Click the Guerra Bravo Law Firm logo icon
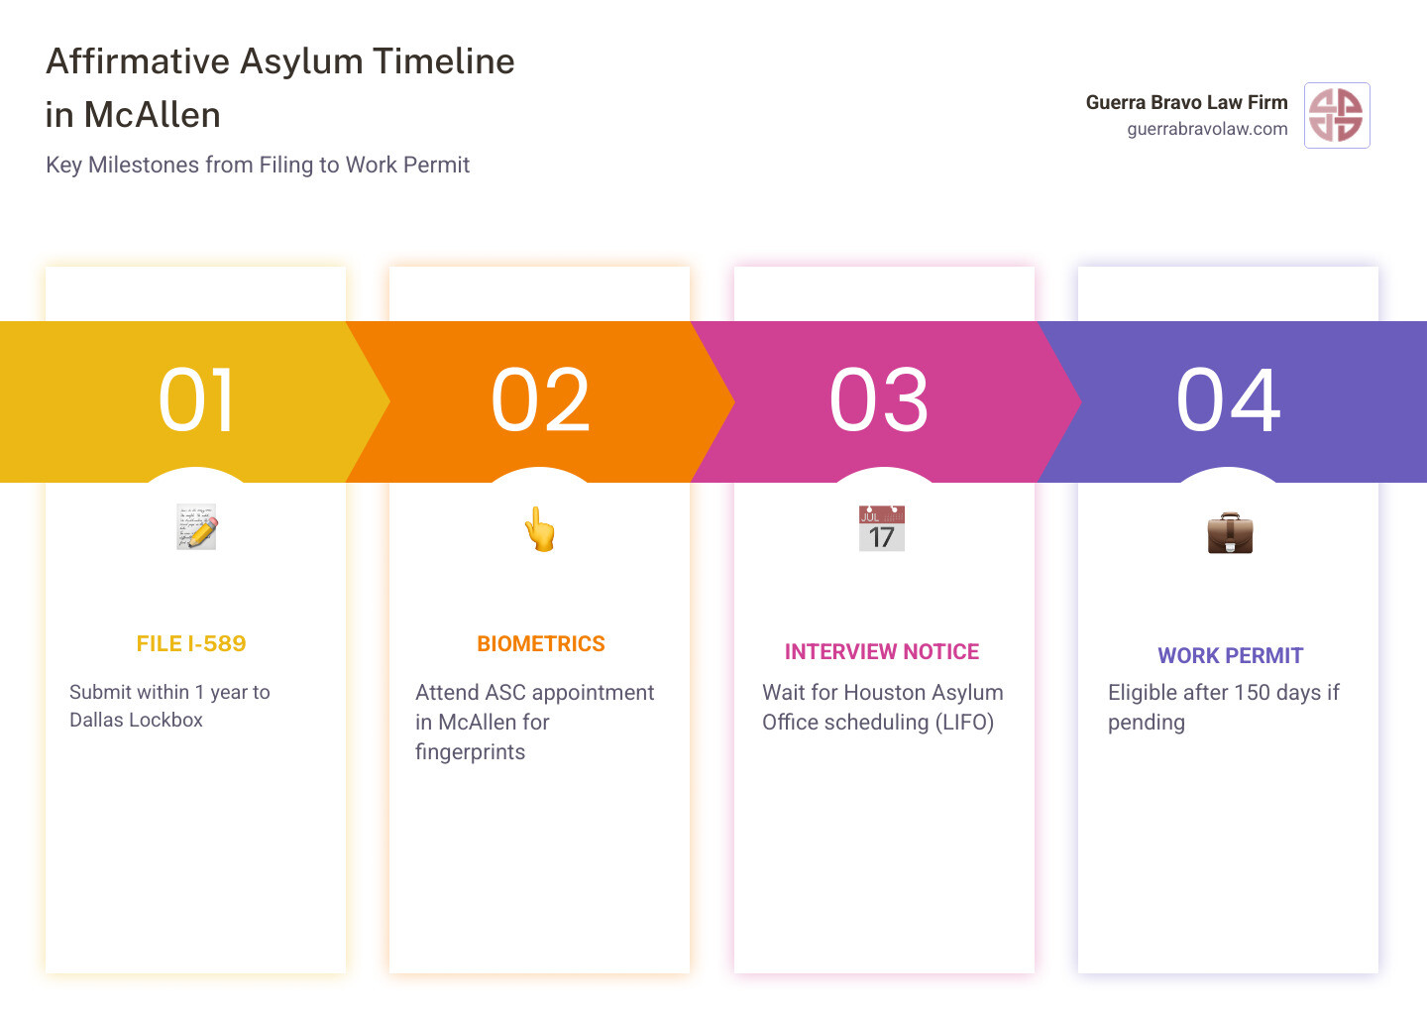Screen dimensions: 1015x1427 pyautogui.click(x=1337, y=115)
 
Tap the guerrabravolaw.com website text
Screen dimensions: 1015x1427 pyautogui.click(x=1207, y=129)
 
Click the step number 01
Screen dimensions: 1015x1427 pyautogui.click(x=197, y=400)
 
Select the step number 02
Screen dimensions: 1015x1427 pyautogui.click(x=541, y=400)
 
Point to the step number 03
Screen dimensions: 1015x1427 pyautogui.click(x=879, y=400)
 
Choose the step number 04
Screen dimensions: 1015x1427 pyautogui.click(x=1229, y=400)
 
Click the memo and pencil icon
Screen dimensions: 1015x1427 pyautogui.click(x=197, y=526)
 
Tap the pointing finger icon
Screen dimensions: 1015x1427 pyautogui.click(x=540, y=529)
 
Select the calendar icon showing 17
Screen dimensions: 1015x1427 pyautogui.click(x=882, y=528)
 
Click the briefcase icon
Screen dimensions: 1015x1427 pyautogui.click(x=1230, y=532)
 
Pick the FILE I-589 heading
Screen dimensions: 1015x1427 pyautogui.click(x=191, y=644)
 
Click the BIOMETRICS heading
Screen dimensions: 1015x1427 pyautogui.click(x=541, y=644)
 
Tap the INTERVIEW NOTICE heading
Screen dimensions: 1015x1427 pyautogui.click(x=882, y=652)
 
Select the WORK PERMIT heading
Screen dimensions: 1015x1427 pyautogui.click(x=1230, y=656)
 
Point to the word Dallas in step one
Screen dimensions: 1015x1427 pyautogui.click(x=96, y=721)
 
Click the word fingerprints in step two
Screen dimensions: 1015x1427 pyautogui.click(x=470, y=752)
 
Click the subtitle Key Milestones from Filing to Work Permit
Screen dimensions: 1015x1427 pyautogui.click(x=258, y=165)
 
